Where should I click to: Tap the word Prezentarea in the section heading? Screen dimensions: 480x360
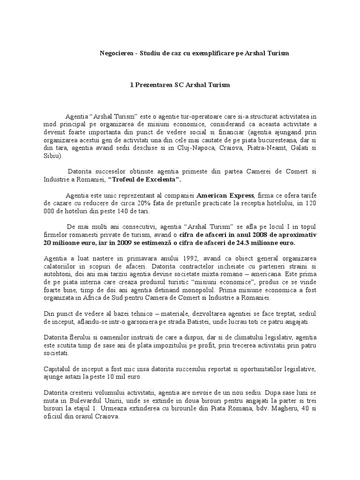(155, 85)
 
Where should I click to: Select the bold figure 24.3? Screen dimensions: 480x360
(251, 244)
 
